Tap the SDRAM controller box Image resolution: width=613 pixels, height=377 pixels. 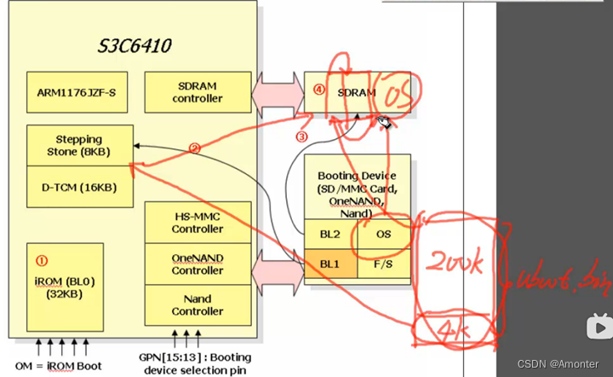pos(197,92)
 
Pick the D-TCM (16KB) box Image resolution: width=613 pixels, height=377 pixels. pos(79,188)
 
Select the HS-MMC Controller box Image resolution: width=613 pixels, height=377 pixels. pos(198,223)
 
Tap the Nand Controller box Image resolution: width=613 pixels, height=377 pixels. pos(198,304)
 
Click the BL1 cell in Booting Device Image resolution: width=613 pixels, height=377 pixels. pos(329,264)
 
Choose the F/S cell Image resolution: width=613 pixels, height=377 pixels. pos(383,264)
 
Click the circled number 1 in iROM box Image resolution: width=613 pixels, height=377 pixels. pos(42,261)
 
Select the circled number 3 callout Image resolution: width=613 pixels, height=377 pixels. pos(301,136)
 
